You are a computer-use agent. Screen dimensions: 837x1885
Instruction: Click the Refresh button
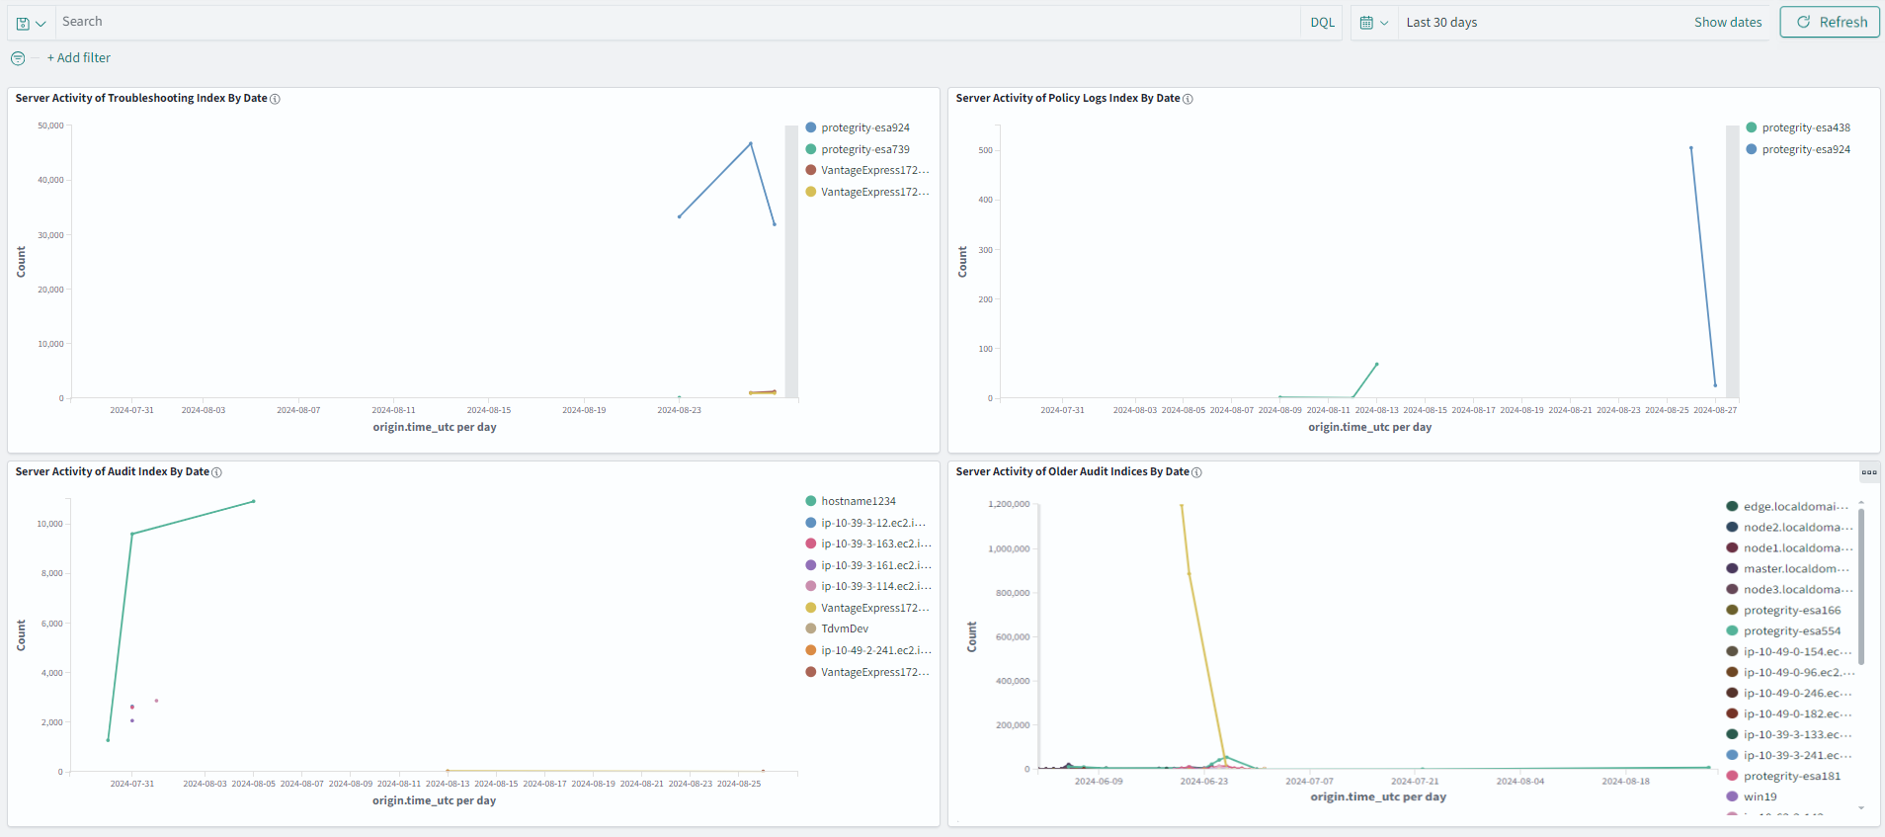(1830, 22)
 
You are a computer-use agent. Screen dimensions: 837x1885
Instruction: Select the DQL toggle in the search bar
(1322, 23)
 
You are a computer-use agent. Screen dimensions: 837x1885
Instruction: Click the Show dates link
(1727, 23)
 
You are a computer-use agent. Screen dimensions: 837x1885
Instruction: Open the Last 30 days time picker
(1441, 23)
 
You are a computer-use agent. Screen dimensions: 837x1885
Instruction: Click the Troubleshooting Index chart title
(141, 99)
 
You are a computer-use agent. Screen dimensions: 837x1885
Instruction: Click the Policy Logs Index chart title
(1068, 99)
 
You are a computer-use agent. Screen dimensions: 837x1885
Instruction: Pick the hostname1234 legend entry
(858, 501)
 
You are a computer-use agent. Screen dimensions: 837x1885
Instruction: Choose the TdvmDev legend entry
(844, 628)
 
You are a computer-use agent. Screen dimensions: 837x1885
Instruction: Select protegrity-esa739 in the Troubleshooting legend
(864, 149)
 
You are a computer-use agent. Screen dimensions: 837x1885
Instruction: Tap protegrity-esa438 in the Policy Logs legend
(1805, 127)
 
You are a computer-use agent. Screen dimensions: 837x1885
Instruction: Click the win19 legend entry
(1760, 796)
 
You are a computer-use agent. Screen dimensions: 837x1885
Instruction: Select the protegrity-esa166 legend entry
(1791, 611)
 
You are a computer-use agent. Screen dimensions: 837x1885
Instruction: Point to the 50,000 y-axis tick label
(50, 126)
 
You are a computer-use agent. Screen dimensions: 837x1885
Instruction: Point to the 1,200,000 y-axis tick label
(1009, 504)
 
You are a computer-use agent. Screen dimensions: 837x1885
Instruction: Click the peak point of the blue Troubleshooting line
(751, 143)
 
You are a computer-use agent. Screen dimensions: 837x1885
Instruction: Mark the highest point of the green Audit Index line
(254, 501)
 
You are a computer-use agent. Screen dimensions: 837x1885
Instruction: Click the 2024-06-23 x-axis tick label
(1203, 782)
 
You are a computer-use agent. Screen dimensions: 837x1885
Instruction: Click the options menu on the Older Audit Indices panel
(1869, 472)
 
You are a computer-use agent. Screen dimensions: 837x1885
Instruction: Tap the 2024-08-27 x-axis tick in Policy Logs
(1715, 410)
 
